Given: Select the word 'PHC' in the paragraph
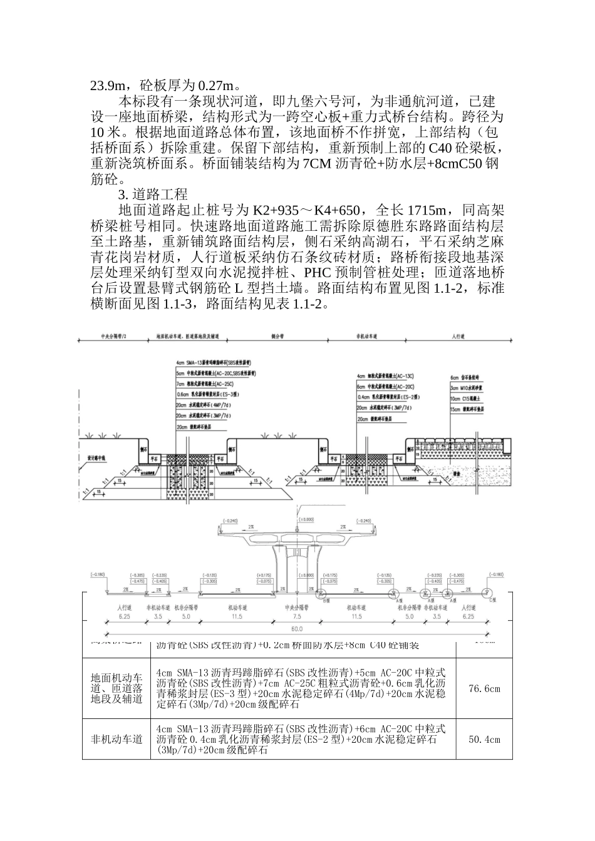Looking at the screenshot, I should [321, 273].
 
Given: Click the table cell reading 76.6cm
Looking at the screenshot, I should [484, 689].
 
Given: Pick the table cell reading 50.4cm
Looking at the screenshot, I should [484, 740].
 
